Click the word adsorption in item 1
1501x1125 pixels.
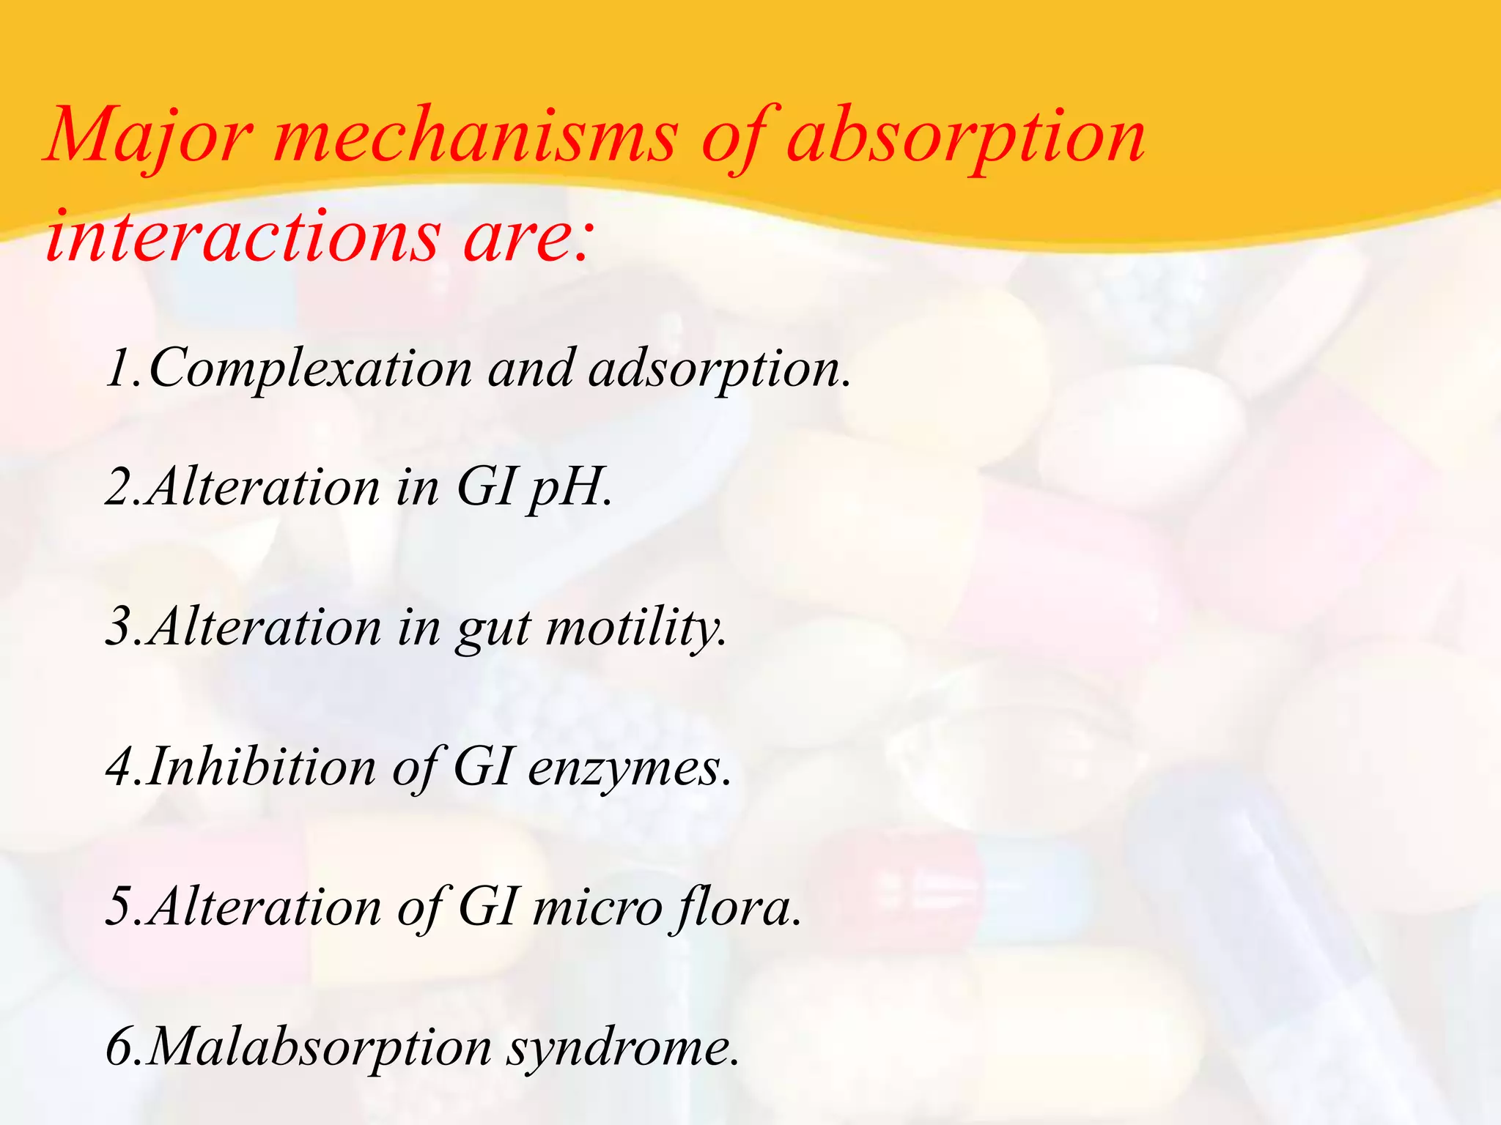pyautogui.click(x=718, y=368)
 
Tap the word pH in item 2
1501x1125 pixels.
pyautogui.click(x=568, y=487)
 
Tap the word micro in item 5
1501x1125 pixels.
pyautogui.click(x=597, y=907)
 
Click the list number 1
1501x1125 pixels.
pyautogui.click(x=117, y=368)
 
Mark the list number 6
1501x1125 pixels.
pyautogui.click(x=119, y=1047)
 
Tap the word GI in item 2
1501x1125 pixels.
pyautogui.click(x=484, y=487)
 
